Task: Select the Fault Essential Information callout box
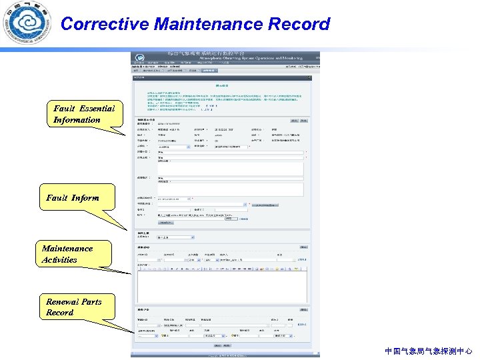[x=85, y=114]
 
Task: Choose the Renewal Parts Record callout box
[x=74, y=307]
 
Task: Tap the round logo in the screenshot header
[x=140, y=58]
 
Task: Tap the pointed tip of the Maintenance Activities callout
[x=131, y=273]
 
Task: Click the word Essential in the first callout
[x=97, y=109]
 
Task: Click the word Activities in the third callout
[x=59, y=260]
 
